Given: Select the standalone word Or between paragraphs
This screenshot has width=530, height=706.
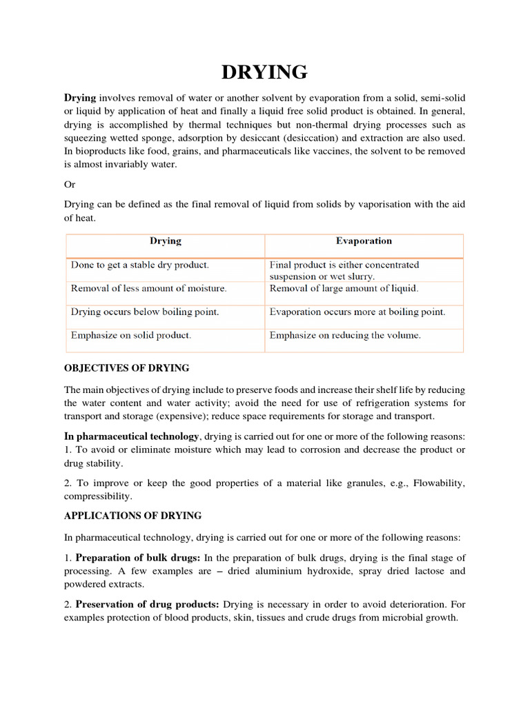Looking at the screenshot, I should [70, 185].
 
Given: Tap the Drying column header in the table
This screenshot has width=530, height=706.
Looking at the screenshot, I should [166, 241].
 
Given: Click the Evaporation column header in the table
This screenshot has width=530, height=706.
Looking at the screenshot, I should [364, 241].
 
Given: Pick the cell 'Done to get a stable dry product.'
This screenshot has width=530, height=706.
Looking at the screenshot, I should [139, 265].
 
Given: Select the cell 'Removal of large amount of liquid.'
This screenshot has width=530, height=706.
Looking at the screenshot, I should [344, 288].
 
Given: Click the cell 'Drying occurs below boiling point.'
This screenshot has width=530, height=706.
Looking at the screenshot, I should [145, 312].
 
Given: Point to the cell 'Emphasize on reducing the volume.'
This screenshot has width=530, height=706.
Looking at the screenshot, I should [345, 336].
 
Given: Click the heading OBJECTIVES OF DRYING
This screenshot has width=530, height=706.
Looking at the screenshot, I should [126, 367].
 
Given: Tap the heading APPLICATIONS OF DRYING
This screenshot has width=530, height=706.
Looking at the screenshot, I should [132, 516].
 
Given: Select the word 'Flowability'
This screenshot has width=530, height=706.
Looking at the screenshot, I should [439, 483].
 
